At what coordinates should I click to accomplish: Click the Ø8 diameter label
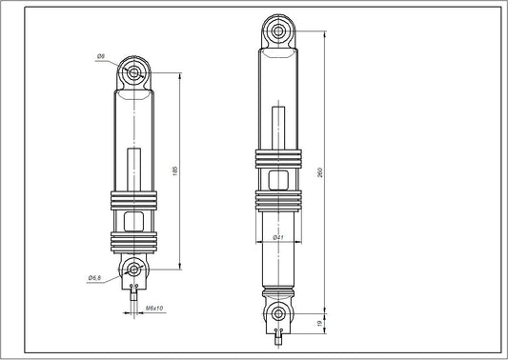tap(100, 58)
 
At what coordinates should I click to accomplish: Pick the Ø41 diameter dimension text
tap(276, 237)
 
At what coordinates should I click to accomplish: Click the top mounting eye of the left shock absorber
tap(133, 72)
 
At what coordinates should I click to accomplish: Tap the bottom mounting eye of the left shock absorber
tap(133, 269)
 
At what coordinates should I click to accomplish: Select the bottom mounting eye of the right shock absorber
tap(277, 313)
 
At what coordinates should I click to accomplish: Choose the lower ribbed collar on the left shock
tap(133, 242)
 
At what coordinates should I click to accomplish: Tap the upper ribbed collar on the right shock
tap(277, 160)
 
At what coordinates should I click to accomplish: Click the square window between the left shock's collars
tap(133, 222)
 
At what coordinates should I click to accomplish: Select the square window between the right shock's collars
tap(277, 180)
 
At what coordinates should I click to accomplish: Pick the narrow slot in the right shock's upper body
tap(277, 128)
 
